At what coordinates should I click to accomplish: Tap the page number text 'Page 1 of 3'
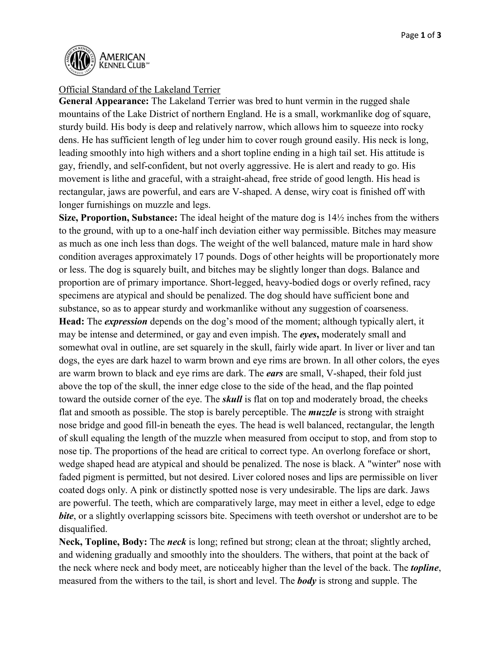421,35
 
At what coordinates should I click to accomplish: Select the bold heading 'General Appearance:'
104,101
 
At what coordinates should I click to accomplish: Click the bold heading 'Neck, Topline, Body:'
103,542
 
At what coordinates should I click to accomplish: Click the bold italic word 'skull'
232,399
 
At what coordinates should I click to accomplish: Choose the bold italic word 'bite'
66,516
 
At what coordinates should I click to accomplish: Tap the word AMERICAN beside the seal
122,57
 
